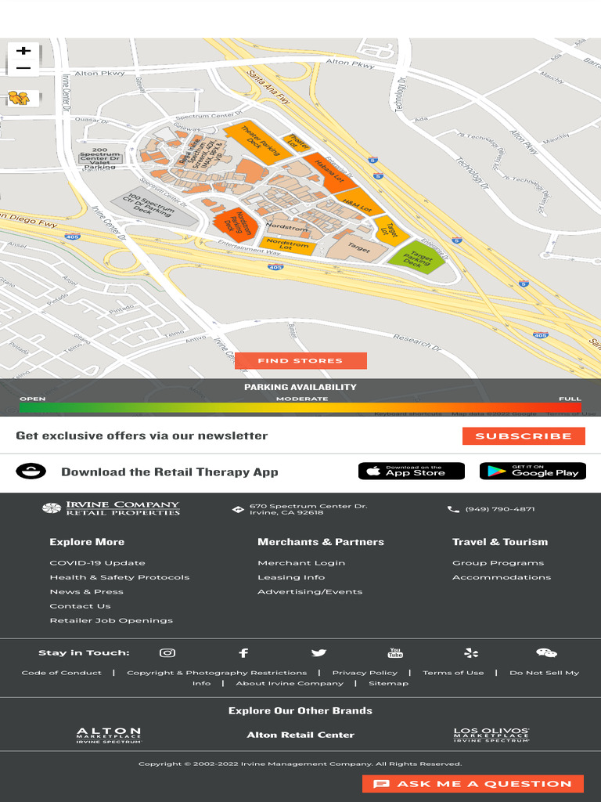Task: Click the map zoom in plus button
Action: (x=23, y=51)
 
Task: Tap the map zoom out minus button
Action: (x=23, y=69)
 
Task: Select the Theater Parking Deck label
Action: (x=250, y=139)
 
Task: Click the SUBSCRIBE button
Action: (x=524, y=436)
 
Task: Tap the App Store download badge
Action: (x=411, y=471)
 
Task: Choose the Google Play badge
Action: (x=532, y=471)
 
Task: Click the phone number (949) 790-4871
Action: (x=499, y=509)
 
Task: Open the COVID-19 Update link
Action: (x=97, y=563)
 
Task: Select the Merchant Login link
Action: (x=301, y=563)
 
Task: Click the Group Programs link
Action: (x=498, y=563)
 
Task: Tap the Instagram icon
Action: (x=167, y=653)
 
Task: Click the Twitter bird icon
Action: (x=318, y=653)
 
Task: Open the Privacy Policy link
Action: (x=365, y=673)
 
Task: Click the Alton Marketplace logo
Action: (x=109, y=735)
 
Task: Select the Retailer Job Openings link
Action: (x=111, y=620)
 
